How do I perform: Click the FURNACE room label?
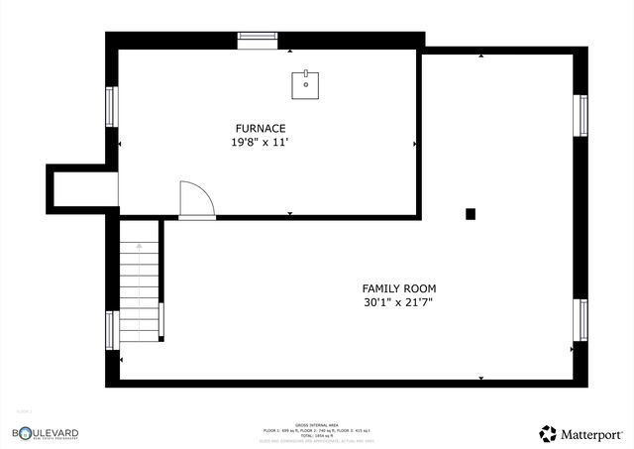(261, 128)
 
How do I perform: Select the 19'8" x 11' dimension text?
(261, 143)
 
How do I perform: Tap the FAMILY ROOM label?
(399, 288)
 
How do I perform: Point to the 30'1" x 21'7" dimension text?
(399, 303)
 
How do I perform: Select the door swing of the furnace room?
(196, 198)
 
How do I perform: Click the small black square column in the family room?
(471, 213)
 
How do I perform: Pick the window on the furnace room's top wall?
(257, 39)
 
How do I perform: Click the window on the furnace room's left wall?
(111, 107)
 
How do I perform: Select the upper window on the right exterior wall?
(581, 116)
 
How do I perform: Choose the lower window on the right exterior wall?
(581, 320)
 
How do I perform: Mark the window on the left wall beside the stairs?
(111, 330)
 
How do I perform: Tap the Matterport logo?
(581, 433)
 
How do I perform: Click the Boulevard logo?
(46, 433)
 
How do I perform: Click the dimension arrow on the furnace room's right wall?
(414, 144)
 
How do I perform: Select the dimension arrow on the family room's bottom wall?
(480, 377)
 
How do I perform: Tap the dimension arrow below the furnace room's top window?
(289, 50)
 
